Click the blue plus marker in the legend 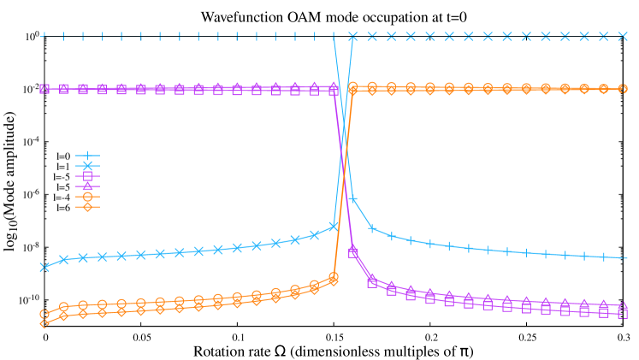click(87, 156)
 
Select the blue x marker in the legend click(87, 166)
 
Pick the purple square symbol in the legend click(87, 176)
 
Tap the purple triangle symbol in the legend click(87, 186)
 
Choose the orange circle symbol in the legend click(87, 197)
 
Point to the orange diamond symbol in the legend click(87, 207)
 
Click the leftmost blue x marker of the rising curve click(44, 267)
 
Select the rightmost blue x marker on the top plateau click(623, 37)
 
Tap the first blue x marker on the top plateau click(352, 37)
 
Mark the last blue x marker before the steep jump click(334, 227)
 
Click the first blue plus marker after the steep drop click(352, 199)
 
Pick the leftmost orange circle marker click(44, 314)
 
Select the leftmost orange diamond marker click(44, 323)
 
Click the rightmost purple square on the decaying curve click(623, 314)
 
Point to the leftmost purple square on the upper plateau click(44, 88)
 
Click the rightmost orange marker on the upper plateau click(623, 89)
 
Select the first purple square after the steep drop click(352, 253)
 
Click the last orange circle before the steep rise click(334, 277)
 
